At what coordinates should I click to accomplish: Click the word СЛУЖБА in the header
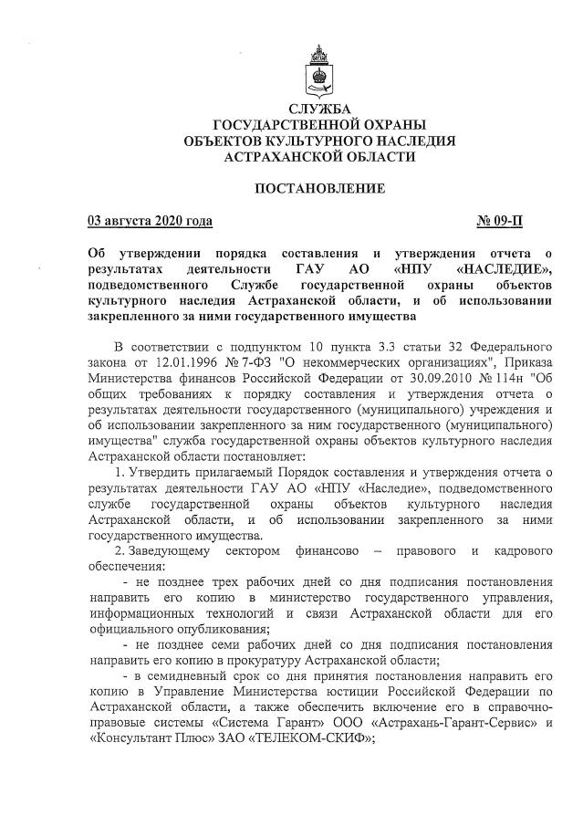(x=319, y=110)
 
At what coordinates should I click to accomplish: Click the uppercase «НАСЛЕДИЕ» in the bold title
(x=504, y=269)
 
